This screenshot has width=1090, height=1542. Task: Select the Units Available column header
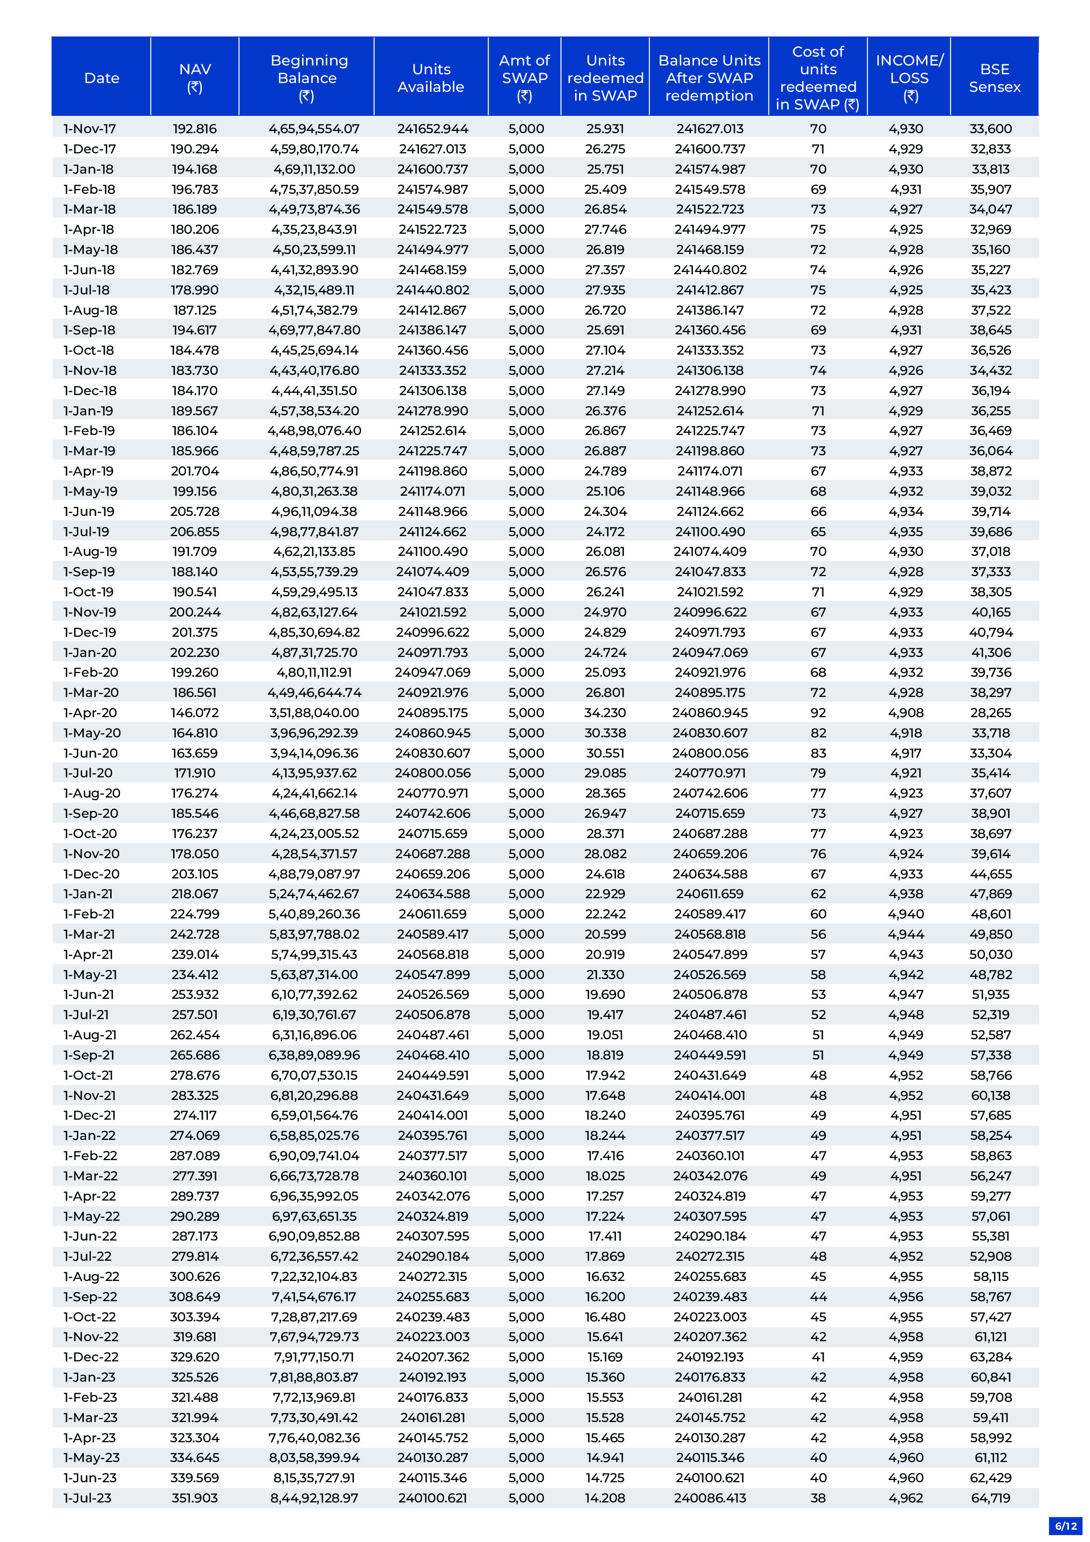pos(431,78)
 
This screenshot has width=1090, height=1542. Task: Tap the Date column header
pos(102,78)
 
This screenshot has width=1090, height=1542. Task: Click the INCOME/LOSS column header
pos(909,78)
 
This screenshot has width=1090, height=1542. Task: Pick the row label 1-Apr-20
pos(90,713)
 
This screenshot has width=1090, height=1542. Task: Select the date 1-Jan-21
pos(88,894)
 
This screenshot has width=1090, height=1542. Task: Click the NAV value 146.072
pos(195,713)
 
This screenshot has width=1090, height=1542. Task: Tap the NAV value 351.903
pos(195,1498)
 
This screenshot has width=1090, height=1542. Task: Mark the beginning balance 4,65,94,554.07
pos(314,129)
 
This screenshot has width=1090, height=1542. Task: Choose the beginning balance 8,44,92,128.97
pos(314,1498)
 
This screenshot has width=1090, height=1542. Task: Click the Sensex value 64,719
pos(991,1498)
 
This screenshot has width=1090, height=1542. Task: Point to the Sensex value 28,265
pos(991,713)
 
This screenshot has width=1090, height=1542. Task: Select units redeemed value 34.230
pos(605,713)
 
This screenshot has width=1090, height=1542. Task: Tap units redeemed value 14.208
pos(605,1498)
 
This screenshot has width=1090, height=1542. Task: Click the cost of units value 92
pos(818,713)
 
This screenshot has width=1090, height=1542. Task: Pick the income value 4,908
pos(906,713)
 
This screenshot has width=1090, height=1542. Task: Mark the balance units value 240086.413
pos(710,1498)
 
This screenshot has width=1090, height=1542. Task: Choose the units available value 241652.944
pos(432,129)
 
